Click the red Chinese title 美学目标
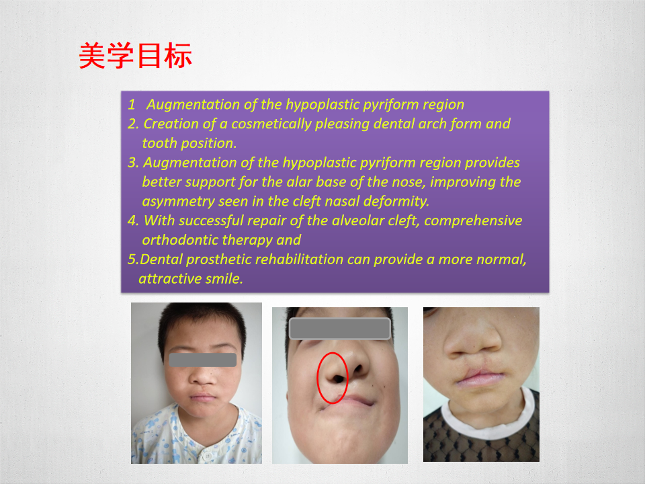pos(135,55)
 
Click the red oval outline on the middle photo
pos(317,378)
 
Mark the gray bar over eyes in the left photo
pos(203,360)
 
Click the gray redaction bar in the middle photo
pos(340,329)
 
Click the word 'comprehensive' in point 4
pos(473,221)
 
